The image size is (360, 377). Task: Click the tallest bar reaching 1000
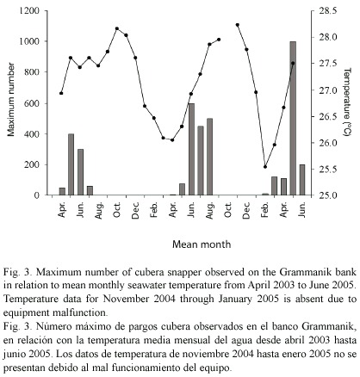293,118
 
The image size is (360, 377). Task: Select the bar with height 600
191,149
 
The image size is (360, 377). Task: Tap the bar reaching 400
71,164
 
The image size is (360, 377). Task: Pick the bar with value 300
80,172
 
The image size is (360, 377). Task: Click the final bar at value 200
302,180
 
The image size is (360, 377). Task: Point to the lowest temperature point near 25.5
265,167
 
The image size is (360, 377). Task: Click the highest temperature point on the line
238,25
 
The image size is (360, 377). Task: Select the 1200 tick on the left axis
28,11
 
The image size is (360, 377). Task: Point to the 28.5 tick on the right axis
327,11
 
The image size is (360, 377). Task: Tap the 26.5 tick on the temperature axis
327,117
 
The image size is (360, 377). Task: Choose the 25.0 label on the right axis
327,195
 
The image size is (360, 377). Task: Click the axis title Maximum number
11,100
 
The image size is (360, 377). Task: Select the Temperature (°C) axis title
347,102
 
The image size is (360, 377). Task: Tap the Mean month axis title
202,244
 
